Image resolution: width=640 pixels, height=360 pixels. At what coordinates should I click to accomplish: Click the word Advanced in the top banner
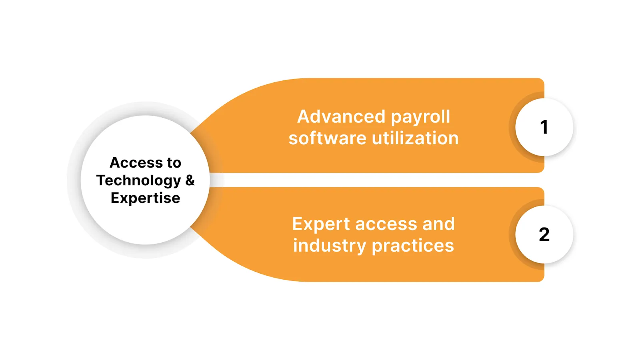click(x=341, y=117)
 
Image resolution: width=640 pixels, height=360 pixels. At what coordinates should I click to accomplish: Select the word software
click(x=328, y=138)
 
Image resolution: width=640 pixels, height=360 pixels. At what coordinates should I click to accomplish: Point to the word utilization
click(x=415, y=138)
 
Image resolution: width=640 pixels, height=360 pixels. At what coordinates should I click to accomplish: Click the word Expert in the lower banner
click(x=321, y=224)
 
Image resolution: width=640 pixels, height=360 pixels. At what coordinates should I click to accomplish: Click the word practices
click(x=413, y=246)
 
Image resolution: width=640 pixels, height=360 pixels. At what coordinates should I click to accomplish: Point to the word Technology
click(x=139, y=181)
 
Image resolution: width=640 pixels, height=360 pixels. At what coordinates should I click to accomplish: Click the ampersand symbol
click(x=190, y=180)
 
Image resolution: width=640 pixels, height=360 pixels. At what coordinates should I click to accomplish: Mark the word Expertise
click(x=145, y=198)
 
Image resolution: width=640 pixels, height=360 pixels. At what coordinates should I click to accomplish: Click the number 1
click(x=544, y=127)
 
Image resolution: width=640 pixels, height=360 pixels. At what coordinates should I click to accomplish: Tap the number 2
click(x=544, y=234)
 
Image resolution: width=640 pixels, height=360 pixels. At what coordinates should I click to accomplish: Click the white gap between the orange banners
click(x=376, y=180)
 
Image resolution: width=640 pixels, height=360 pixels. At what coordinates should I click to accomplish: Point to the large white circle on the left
click(x=145, y=224)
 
